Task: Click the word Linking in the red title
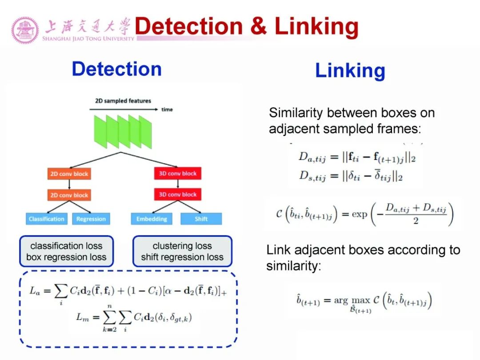click(316, 26)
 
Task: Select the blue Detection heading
click(116, 69)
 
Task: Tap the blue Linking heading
click(350, 71)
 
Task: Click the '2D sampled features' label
click(123, 101)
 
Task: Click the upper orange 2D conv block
click(69, 174)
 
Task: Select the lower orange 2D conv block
click(69, 195)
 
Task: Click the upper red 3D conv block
click(177, 173)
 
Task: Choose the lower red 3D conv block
click(177, 195)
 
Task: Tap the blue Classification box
click(46, 219)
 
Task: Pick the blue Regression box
click(91, 219)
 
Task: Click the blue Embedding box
click(152, 219)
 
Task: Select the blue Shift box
click(201, 219)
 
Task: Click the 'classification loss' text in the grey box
click(66, 246)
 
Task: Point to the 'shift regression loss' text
click(182, 257)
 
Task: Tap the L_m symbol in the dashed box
click(83, 318)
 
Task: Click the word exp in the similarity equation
click(359, 214)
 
